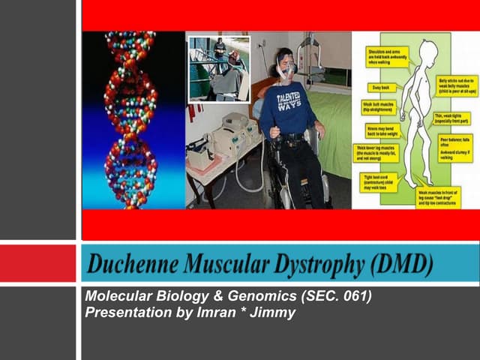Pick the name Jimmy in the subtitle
[274, 313]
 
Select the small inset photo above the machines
[219, 68]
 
